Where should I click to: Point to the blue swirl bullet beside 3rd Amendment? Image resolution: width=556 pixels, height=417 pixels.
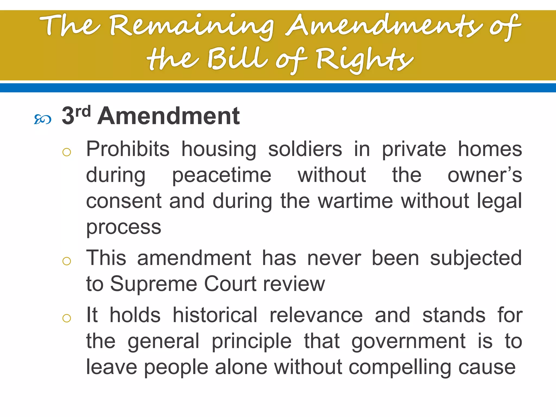point(43,119)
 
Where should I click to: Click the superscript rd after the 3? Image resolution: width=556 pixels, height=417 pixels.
point(83,111)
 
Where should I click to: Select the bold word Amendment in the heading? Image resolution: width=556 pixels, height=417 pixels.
point(169,116)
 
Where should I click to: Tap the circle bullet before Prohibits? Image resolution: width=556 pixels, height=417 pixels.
point(67,152)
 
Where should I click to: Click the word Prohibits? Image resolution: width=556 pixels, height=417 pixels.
point(128,149)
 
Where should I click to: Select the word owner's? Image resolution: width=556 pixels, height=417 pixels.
point(485,175)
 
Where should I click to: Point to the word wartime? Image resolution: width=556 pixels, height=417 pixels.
point(355,201)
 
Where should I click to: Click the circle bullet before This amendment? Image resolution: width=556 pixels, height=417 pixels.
point(67,261)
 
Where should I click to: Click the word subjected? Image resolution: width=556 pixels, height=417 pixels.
point(476,258)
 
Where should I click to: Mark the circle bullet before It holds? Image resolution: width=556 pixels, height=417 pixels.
point(67,318)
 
